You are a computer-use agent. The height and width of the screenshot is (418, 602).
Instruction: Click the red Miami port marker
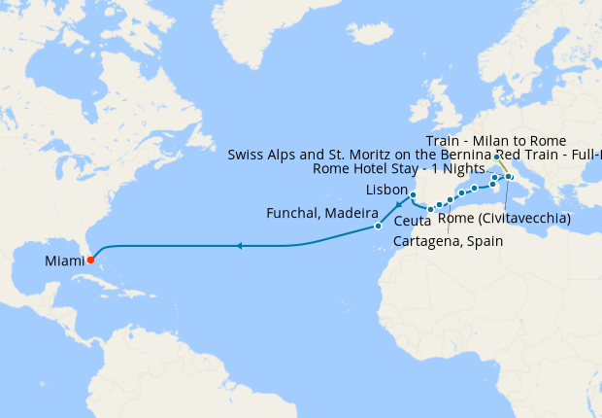coord(90,260)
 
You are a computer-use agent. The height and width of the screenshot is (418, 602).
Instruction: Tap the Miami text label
coord(64,261)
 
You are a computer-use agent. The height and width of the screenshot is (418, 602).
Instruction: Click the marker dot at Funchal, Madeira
coord(378,226)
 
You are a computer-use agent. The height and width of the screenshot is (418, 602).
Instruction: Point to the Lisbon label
coord(389,189)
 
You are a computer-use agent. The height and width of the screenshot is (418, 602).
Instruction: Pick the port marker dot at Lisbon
coord(413,195)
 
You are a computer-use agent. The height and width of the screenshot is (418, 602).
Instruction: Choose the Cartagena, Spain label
coord(448,241)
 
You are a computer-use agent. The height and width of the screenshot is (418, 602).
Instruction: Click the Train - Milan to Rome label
coord(495,141)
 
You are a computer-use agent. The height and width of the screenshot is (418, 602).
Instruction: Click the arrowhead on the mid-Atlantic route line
coord(239,247)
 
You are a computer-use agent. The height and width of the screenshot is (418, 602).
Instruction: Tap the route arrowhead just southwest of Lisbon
coord(399,206)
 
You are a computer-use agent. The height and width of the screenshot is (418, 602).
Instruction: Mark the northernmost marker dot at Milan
coord(496,157)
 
